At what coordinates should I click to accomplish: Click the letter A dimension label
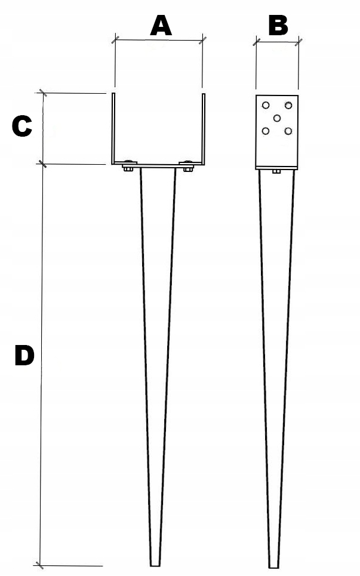(x=160, y=26)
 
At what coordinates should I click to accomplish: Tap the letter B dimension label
(x=278, y=26)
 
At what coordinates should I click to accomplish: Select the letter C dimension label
(x=21, y=127)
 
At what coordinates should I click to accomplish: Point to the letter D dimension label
(x=24, y=356)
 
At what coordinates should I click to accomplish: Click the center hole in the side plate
(x=277, y=118)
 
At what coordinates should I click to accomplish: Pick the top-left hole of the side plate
(x=266, y=106)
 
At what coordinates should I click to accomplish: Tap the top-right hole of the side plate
(x=288, y=106)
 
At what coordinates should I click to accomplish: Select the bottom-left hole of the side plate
(x=266, y=131)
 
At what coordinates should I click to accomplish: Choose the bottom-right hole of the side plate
(x=288, y=131)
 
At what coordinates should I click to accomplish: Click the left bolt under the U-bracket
(x=128, y=168)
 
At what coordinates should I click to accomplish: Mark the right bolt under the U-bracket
(x=188, y=168)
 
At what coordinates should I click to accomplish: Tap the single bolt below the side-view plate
(x=276, y=172)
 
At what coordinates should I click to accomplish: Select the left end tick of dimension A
(x=115, y=40)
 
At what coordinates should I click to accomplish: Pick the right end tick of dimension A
(x=203, y=40)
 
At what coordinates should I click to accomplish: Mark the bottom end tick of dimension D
(x=40, y=565)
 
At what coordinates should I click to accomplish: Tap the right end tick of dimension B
(x=298, y=42)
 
